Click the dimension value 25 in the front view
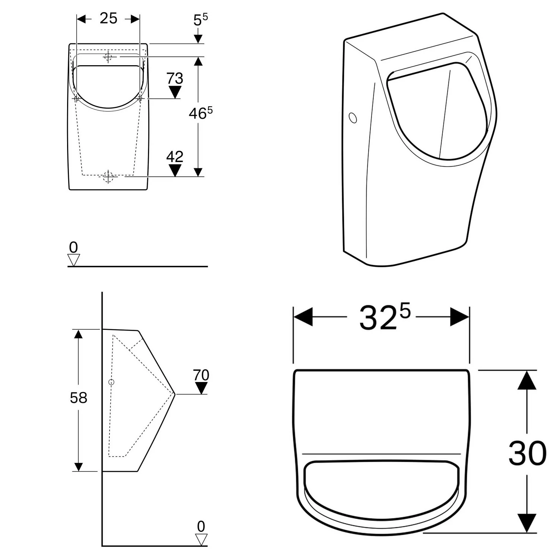click(108, 18)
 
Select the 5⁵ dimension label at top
click(200, 20)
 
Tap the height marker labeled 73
click(175, 79)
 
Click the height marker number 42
click(175, 157)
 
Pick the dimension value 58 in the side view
click(79, 398)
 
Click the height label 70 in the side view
click(201, 375)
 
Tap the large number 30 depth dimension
click(527, 454)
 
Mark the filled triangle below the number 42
click(175, 170)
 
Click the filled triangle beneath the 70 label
click(201, 388)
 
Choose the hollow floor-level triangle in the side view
click(201, 539)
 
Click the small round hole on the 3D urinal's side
click(353, 118)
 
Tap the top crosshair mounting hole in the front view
click(108, 57)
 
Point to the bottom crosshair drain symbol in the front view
click(108, 177)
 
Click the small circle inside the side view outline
click(111, 382)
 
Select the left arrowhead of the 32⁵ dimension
click(303, 317)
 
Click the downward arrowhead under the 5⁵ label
click(198, 39)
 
